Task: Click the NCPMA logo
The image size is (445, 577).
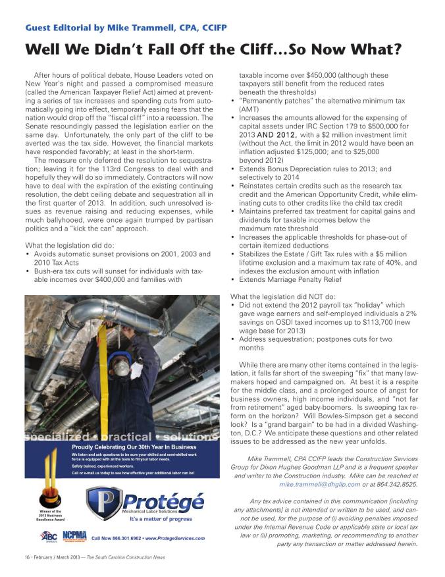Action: click(x=75, y=536)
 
